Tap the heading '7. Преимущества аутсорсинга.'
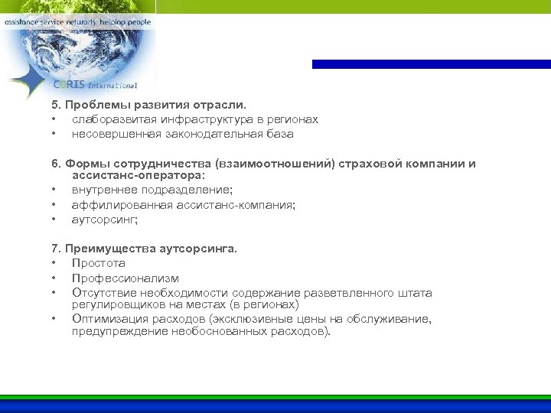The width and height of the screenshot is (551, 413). [145, 249]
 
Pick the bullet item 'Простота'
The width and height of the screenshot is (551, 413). [99, 263]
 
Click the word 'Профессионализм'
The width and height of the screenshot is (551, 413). [126, 278]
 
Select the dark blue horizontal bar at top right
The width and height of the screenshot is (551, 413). [431, 64]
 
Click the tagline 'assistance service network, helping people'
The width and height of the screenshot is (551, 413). [77, 23]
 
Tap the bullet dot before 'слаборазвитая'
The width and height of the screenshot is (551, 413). [54, 120]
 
